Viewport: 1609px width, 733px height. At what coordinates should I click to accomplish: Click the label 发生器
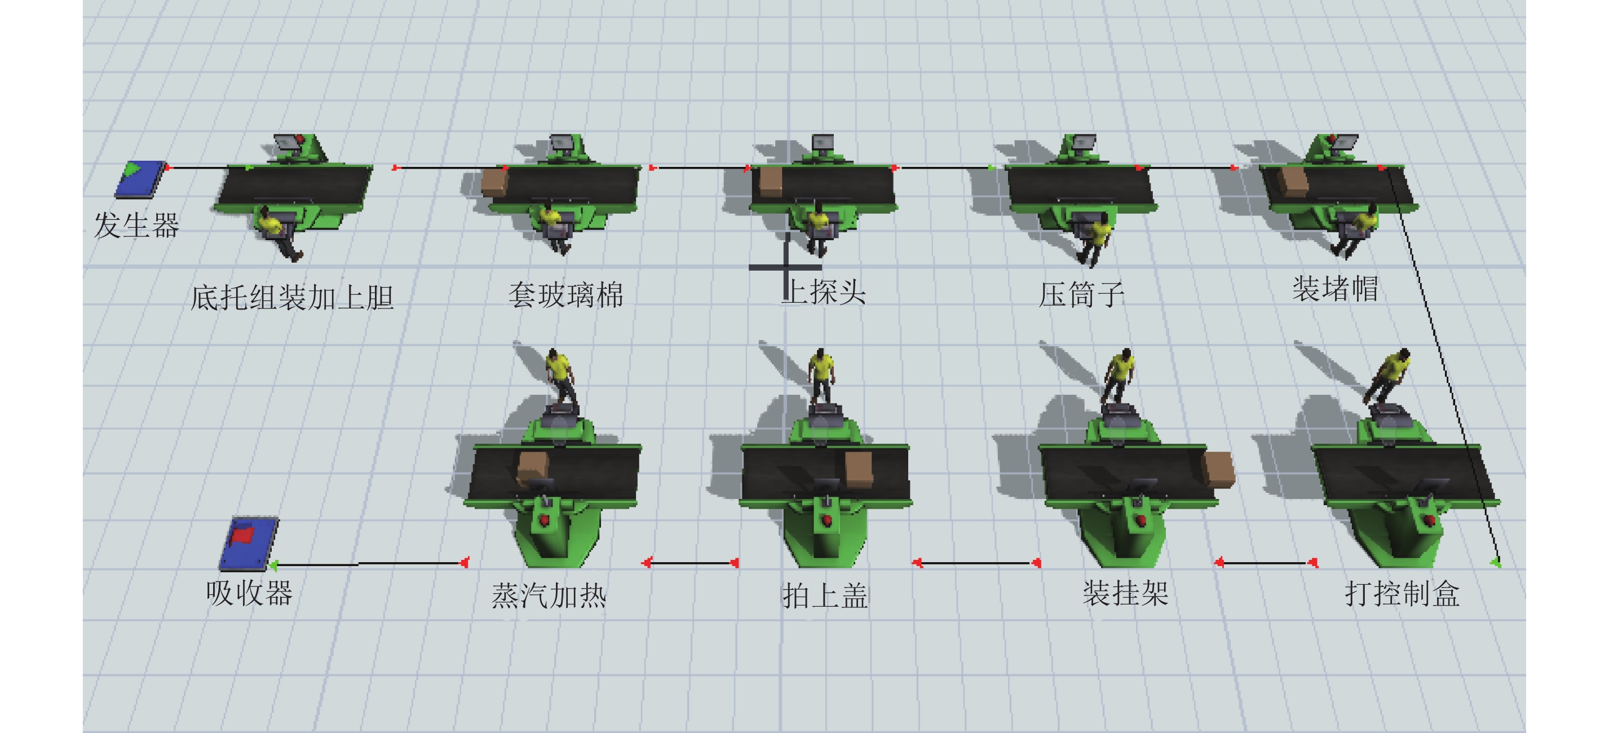tap(137, 225)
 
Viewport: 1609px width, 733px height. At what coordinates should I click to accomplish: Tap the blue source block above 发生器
tap(140, 179)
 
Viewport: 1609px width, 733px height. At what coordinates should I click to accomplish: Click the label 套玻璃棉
tap(565, 295)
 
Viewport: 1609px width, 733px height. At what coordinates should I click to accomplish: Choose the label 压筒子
tap(1081, 295)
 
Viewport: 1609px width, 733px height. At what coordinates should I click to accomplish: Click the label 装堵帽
tap(1336, 289)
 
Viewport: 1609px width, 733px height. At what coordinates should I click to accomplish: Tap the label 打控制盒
tap(1402, 594)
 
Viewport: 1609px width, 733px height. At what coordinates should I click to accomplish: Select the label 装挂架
tap(1125, 593)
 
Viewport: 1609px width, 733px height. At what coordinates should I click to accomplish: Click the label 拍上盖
tap(824, 595)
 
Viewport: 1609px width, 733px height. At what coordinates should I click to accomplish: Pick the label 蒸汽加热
tap(549, 595)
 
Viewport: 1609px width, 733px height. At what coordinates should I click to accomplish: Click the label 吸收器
tap(249, 593)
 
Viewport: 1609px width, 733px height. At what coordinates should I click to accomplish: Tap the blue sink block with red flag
tap(249, 544)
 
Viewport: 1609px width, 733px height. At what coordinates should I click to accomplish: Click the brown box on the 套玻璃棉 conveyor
tap(494, 182)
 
